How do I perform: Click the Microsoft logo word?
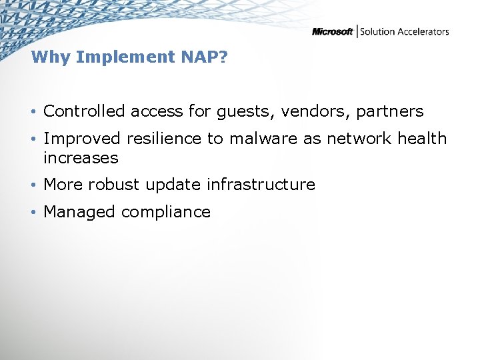[x=333, y=32]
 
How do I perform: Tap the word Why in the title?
[x=51, y=57]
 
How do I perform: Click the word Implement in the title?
[x=126, y=57]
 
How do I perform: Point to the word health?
[x=422, y=139]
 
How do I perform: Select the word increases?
[x=81, y=159]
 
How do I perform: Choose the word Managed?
[x=79, y=213]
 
